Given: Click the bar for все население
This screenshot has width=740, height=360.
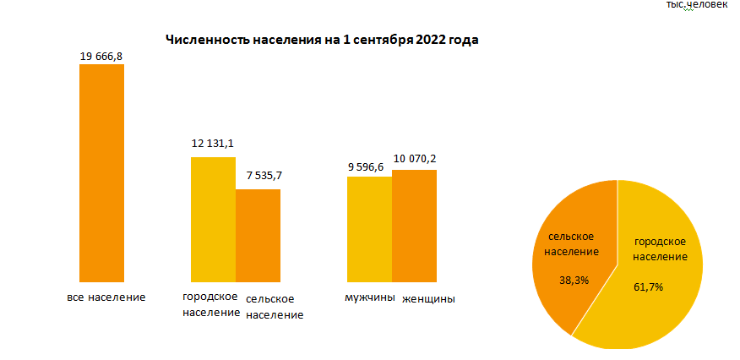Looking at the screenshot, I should [x=101, y=172].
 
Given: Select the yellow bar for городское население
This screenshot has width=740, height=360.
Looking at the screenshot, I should [x=213, y=219].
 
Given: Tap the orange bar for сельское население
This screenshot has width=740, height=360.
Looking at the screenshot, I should [x=258, y=235].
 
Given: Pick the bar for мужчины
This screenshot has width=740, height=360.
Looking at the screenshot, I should [x=369, y=228].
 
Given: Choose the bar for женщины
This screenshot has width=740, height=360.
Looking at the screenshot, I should [x=414, y=225].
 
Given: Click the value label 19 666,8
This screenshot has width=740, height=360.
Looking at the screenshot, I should [x=101, y=56].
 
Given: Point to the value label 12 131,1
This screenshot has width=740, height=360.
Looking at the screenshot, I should [x=213, y=145].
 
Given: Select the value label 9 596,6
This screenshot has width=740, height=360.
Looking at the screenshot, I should [x=368, y=164].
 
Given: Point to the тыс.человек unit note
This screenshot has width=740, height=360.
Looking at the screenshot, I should [x=696, y=6].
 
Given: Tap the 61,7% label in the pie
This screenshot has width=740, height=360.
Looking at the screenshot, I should [x=648, y=286].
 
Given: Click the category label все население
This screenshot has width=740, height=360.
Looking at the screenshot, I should [x=106, y=297].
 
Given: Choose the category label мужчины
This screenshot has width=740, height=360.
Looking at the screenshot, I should [x=369, y=297].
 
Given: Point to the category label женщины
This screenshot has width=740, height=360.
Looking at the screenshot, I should [x=428, y=298].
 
